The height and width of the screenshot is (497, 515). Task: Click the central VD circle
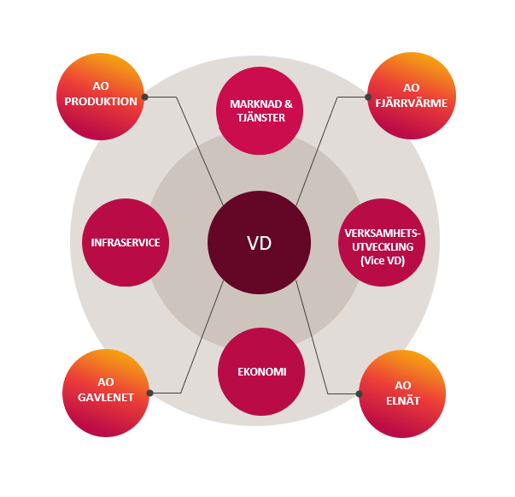tap(259, 242)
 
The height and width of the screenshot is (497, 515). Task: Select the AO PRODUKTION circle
tap(101, 95)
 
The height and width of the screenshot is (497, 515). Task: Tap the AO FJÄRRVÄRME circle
tap(410, 95)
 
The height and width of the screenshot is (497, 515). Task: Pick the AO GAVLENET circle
tap(107, 393)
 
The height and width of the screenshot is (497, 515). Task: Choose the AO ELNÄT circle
tap(403, 393)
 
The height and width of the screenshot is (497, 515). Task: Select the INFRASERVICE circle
tap(126, 242)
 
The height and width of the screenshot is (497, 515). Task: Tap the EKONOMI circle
tap(261, 372)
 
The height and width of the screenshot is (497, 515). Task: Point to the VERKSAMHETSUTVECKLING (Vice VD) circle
tap(382, 242)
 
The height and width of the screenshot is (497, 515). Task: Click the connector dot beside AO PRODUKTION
tap(145, 97)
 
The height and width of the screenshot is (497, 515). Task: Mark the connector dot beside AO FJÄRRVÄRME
tap(370, 97)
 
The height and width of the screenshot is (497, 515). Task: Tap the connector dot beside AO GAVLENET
tap(150, 393)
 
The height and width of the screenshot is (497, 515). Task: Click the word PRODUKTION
tap(102, 102)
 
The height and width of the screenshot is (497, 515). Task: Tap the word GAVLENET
tap(107, 397)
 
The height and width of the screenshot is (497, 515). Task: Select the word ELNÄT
tap(403, 399)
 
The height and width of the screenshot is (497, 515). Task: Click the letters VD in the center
tap(259, 243)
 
